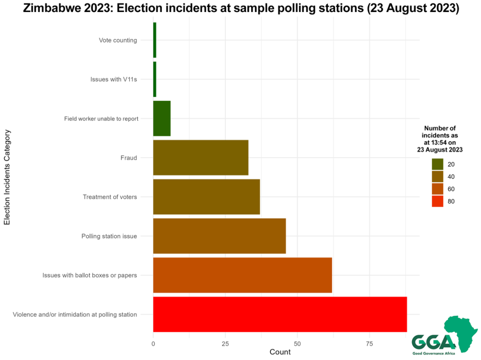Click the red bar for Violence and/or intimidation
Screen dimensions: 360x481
[x=280, y=314]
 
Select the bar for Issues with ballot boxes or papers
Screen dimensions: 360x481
[x=242, y=275]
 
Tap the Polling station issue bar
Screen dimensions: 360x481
[x=219, y=236]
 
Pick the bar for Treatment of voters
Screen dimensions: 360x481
[x=206, y=196]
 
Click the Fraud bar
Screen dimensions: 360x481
[x=200, y=157]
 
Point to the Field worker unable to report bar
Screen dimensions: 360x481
[x=162, y=118]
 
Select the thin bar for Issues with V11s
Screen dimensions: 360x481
[x=155, y=79]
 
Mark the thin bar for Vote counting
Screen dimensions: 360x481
[x=155, y=40]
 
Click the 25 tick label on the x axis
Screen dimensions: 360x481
[x=225, y=344]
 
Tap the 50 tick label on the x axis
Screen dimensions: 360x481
[x=297, y=344]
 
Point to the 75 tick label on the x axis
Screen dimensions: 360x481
[x=369, y=344]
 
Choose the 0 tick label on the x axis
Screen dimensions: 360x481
[x=153, y=344]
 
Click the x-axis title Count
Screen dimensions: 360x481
[x=280, y=352]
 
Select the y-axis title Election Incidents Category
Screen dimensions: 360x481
[x=7, y=177]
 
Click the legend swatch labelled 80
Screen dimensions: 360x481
[x=437, y=201]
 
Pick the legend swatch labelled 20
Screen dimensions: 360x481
[x=437, y=164]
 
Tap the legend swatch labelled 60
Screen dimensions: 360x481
[x=437, y=189]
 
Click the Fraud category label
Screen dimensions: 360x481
[x=128, y=158]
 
